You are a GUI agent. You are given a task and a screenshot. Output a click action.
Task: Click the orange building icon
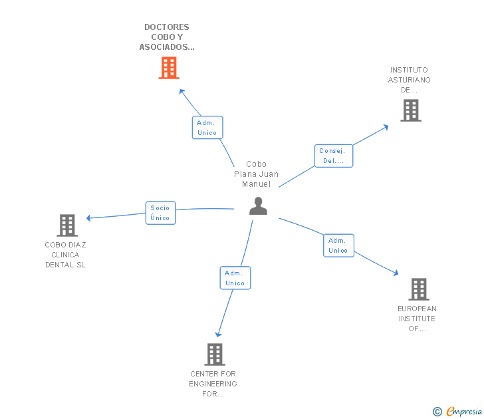tap(169, 68)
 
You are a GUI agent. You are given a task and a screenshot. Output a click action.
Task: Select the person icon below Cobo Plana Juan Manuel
tap(259, 206)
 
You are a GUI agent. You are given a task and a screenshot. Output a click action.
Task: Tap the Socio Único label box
tap(160, 213)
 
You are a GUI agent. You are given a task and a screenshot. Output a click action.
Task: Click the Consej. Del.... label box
tap(334, 156)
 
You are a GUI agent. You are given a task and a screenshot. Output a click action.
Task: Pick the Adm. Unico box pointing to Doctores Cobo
tap(207, 128)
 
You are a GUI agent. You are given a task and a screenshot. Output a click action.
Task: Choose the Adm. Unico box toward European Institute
tap(338, 245)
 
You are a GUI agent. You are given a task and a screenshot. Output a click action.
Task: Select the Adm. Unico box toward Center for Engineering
tap(235, 278)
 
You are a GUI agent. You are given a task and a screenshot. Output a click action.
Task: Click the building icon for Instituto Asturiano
tap(411, 110)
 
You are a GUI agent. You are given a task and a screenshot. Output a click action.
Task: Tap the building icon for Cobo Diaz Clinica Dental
tap(67, 225)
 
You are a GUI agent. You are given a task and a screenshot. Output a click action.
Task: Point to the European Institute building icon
tap(419, 289)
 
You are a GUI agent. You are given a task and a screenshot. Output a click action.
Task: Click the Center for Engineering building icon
tap(215, 354)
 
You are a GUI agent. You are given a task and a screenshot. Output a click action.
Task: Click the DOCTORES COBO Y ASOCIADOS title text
tap(167, 37)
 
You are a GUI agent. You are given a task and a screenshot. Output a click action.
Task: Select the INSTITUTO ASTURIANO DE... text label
tap(410, 80)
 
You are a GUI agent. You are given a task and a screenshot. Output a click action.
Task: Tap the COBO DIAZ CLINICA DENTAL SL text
tap(65, 255)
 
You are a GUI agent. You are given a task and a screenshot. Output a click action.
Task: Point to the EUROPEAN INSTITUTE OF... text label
tap(417, 319)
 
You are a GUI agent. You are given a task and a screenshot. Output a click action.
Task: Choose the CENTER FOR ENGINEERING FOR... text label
tap(213, 384)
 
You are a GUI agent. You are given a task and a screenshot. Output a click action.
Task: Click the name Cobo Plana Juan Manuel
tap(256, 174)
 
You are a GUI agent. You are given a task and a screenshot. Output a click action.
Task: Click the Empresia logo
tap(457, 411)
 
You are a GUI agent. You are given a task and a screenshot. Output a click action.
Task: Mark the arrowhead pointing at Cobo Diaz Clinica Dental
tap(88, 218)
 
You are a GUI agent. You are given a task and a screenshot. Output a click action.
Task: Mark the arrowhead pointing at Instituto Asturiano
tap(386, 127)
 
